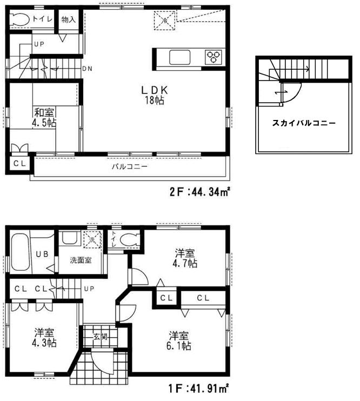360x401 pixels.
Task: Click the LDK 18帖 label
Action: click(153, 95)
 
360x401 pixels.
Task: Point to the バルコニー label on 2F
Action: click(130, 167)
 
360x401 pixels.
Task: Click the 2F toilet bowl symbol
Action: click(20, 19)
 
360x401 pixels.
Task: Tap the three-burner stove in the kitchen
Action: click(212, 56)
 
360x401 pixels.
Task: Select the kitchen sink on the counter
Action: click(179, 56)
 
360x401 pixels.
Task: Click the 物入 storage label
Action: click(69, 19)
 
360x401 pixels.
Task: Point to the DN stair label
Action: click(87, 69)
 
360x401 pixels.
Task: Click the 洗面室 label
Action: click(81, 260)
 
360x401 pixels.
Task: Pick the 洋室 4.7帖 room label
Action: click(185, 258)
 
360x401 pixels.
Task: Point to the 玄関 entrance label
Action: click(100, 337)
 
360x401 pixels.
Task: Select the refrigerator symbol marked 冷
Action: click(164, 22)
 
